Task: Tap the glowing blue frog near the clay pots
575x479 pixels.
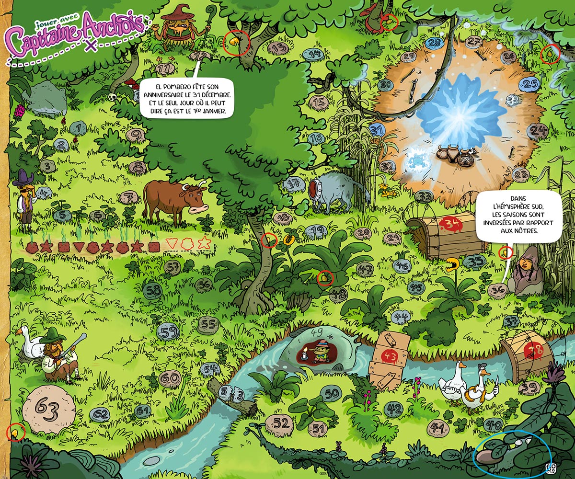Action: tap(416, 160)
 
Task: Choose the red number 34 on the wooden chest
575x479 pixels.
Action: tap(450, 223)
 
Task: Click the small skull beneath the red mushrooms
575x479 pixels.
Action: tap(114, 97)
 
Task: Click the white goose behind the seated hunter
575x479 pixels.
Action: tap(30, 341)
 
